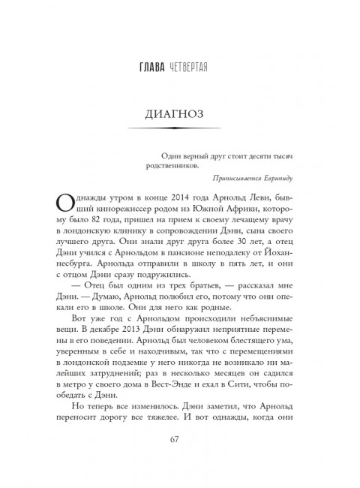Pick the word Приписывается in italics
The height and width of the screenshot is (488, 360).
pos(238,183)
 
